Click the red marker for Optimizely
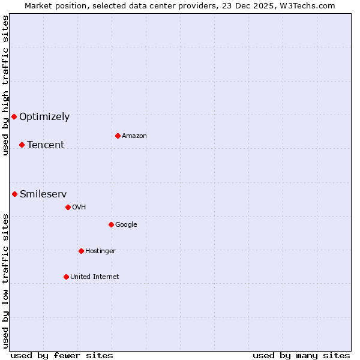[x=14, y=116]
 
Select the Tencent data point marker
[x=22, y=145]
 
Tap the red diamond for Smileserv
[x=14, y=194]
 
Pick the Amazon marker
[x=118, y=136]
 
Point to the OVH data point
[x=68, y=207]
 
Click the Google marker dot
[x=111, y=224]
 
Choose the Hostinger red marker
[x=81, y=251]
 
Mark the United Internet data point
[x=66, y=277]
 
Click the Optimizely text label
[x=44, y=117]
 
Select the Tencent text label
[x=46, y=145]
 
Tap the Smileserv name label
[x=43, y=194]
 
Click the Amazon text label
[x=134, y=136]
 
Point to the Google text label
[x=126, y=225]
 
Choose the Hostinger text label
[x=100, y=251]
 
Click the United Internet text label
[x=95, y=277]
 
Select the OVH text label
[x=79, y=208]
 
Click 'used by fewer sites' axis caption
[x=62, y=355]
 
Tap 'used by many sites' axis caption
[x=301, y=355]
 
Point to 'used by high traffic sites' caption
[x=5, y=85]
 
